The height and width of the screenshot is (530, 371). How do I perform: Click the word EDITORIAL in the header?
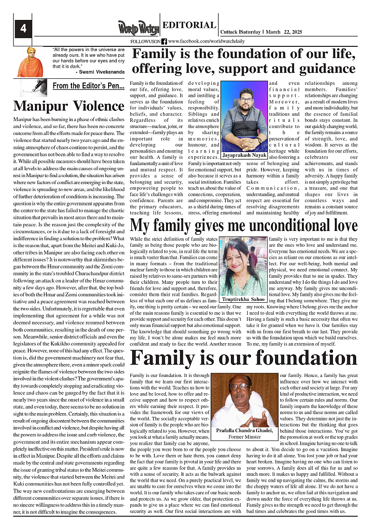point(189,26)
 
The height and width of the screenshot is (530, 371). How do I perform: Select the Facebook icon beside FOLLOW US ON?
point(164,42)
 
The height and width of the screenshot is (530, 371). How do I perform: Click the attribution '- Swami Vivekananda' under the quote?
point(100,72)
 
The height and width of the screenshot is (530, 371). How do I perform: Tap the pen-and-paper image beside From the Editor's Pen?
point(34,87)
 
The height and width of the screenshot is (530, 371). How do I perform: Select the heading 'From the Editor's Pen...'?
point(88,86)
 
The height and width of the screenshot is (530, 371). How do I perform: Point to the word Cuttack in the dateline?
point(230,32)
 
